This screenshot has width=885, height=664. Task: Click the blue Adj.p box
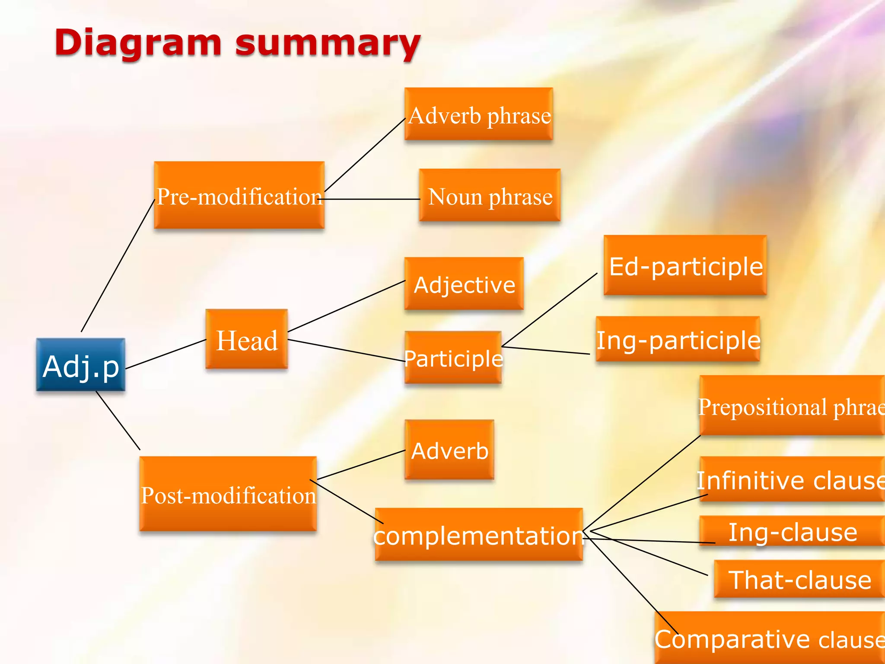(81, 365)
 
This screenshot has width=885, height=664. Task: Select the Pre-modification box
(239, 195)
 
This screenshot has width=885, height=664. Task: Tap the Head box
(246, 339)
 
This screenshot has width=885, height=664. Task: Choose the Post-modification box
(228, 494)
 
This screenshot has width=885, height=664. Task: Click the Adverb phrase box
(479, 114)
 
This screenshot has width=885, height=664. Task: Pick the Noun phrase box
(490, 195)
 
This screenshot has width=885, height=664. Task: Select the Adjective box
(464, 284)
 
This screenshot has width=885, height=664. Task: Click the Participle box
(453, 358)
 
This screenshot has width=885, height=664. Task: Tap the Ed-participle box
(685, 265)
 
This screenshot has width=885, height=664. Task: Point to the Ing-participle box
(678, 339)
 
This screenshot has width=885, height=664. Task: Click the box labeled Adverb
(449, 450)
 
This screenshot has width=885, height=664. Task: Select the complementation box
(478, 535)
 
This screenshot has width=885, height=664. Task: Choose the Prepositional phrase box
(791, 405)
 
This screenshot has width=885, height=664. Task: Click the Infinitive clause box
(791, 479)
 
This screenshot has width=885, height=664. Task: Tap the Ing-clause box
(792, 531)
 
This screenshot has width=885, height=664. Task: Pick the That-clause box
(799, 579)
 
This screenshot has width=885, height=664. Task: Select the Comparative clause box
(769, 638)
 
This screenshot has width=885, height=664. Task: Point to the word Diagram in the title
(138, 44)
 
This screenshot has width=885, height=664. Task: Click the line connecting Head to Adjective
(346, 306)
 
